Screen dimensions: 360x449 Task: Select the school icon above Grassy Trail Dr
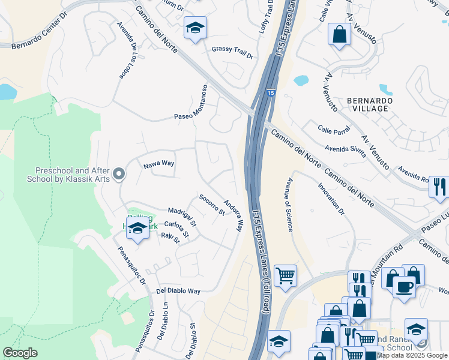tap(194, 29)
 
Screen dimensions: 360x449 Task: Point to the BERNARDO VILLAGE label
tap(370, 104)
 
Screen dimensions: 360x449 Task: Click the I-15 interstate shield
tap(271, 93)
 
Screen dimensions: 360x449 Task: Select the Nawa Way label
tap(158, 164)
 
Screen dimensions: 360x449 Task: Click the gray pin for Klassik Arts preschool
tap(119, 175)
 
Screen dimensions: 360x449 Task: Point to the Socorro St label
tap(212, 205)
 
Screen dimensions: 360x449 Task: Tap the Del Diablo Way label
tap(178, 290)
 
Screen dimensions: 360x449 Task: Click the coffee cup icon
tap(404, 286)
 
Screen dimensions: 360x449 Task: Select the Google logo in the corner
tap(20, 353)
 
